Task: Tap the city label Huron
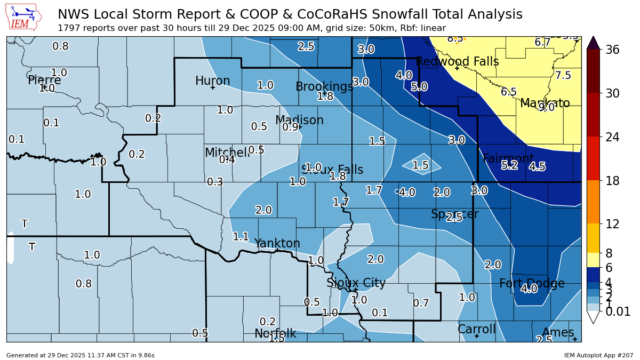click(212, 81)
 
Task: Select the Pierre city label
click(44, 80)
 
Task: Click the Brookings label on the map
click(324, 86)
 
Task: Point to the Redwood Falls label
click(457, 61)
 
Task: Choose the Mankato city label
click(545, 103)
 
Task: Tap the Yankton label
click(277, 243)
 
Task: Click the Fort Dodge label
click(532, 283)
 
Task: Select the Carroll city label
click(476, 329)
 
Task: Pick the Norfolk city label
click(275, 333)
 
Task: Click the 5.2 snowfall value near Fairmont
click(509, 165)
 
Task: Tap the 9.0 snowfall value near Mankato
click(546, 107)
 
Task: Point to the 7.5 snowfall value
click(563, 75)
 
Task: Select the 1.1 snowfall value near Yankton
click(241, 236)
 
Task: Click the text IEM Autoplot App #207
click(598, 355)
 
